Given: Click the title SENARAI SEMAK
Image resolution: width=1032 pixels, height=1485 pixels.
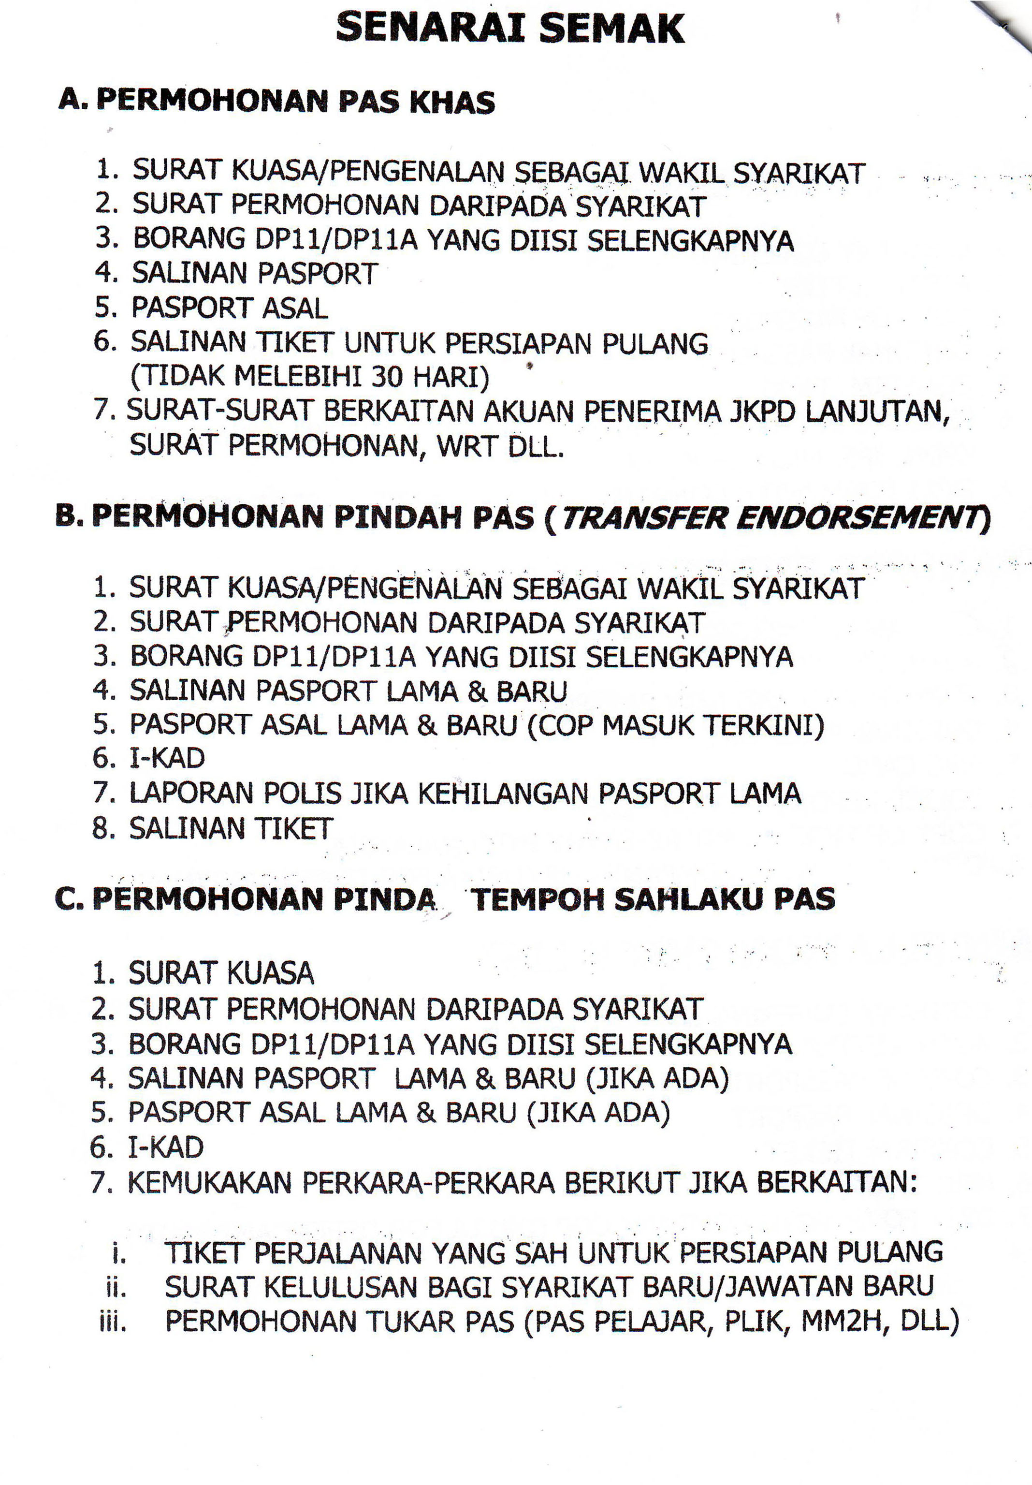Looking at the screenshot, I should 509,29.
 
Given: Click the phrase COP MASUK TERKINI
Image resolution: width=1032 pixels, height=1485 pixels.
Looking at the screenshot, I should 676,726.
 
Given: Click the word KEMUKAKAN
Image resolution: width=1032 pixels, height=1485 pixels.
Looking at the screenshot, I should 210,1183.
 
